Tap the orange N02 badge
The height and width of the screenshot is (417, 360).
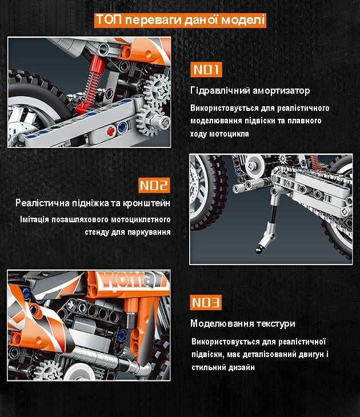[x=154, y=185]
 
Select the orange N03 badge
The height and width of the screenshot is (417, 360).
[x=206, y=303]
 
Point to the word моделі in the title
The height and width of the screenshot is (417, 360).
[x=245, y=20]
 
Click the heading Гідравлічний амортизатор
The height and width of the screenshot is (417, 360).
[x=250, y=91]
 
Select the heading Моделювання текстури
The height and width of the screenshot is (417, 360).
[x=242, y=323]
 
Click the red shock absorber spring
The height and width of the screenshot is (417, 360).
[x=91, y=86]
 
